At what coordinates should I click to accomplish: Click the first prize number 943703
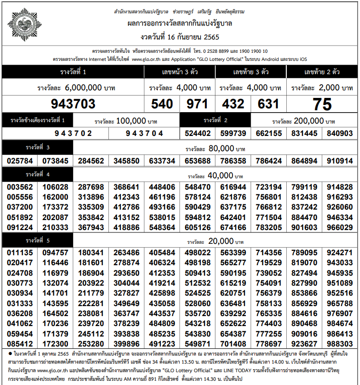tap(73, 104)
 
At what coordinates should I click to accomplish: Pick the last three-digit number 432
tap(233, 104)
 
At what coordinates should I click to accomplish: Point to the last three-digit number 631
tap(269, 104)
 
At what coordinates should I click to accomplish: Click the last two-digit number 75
tap(322, 104)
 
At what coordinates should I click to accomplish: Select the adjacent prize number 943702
tap(73, 134)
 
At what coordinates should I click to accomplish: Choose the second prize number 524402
tap(198, 134)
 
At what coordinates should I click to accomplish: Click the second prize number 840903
tap(340, 134)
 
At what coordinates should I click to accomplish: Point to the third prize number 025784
tap(20, 161)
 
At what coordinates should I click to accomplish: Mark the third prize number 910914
tap(340, 161)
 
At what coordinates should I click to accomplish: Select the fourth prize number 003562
tap(20, 187)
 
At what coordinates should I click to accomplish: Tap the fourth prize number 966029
tap(340, 228)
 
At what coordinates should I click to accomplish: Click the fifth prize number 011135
tap(20, 253)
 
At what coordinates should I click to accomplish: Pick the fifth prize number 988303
tap(340, 344)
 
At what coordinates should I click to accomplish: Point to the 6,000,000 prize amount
tap(83, 88)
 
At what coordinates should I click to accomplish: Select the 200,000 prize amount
tap(312, 120)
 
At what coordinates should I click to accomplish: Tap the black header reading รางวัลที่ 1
tap(73, 72)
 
